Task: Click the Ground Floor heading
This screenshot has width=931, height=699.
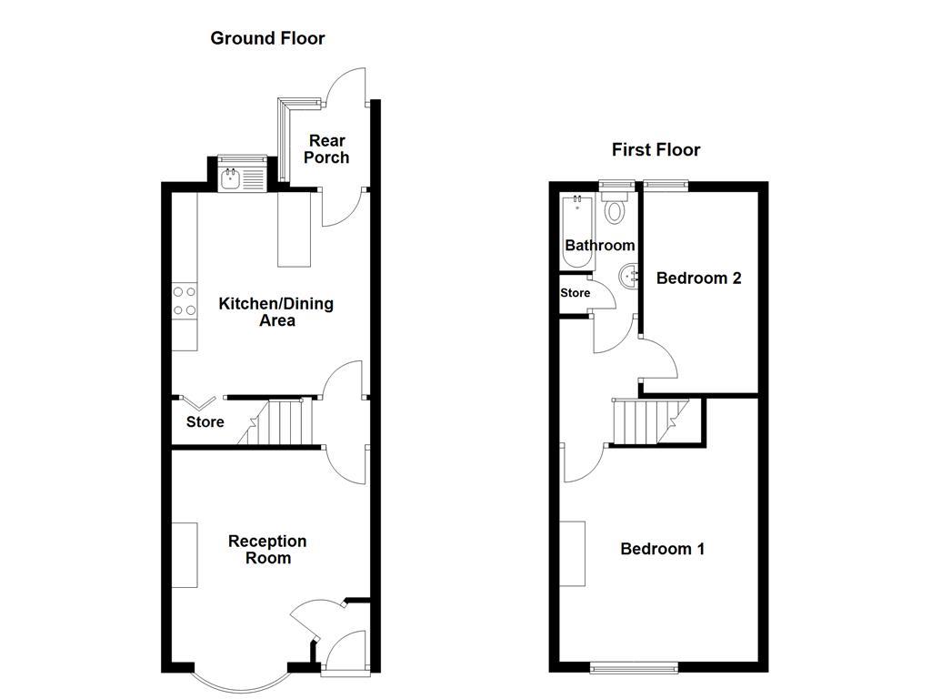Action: pyautogui.click(x=267, y=38)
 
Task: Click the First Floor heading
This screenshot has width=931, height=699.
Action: pyautogui.click(x=656, y=150)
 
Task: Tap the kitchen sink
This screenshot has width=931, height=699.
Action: pyautogui.click(x=244, y=179)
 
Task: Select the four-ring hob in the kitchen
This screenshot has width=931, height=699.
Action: pyautogui.click(x=184, y=300)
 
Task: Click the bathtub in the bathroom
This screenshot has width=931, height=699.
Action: pyautogui.click(x=577, y=232)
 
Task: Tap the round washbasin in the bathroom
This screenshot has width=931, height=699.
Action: pyautogui.click(x=629, y=277)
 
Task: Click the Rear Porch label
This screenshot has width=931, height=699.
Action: pyautogui.click(x=326, y=149)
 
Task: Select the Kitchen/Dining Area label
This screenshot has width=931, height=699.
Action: pyautogui.click(x=276, y=312)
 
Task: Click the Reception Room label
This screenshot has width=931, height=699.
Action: pyautogui.click(x=268, y=549)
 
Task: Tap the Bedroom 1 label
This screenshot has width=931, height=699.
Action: pyautogui.click(x=663, y=549)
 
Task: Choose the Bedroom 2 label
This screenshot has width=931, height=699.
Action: pyautogui.click(x=699, y=279)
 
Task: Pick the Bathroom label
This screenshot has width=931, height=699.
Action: pyautogui.click(x=600, y=246)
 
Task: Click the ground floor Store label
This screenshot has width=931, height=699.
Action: pyautogui.click(x=205, y=422)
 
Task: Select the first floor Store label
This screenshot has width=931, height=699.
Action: pyautogui.click(x=576, y=293)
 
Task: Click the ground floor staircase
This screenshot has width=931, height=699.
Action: pyautogui.click(x=276, y=422)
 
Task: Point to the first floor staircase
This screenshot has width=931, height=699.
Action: pyautogui.click(x=650, y=422)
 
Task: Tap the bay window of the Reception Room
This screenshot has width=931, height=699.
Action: pyautogui.click(x=241, y=685)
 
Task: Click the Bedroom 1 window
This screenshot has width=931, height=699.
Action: pyautogui.click(x=634, y=668)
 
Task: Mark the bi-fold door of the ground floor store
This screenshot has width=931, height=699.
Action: pyautogui.click(x=198, y=403)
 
